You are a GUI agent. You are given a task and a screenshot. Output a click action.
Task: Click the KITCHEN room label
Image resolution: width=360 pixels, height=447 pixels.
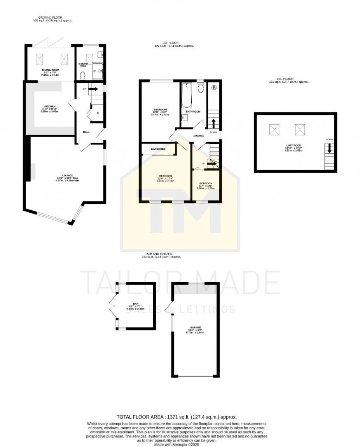(x=48, y=106)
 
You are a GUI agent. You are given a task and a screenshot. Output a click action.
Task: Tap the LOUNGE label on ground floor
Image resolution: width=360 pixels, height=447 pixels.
(x=67, y=175)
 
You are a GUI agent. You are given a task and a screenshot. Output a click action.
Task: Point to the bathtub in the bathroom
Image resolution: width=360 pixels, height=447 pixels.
(x=186, y=95)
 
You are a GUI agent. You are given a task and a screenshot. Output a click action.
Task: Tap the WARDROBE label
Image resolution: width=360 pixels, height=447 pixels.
(x=158, y=149)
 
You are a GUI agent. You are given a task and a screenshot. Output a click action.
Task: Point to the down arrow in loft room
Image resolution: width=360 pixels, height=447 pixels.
(x=329, y=148)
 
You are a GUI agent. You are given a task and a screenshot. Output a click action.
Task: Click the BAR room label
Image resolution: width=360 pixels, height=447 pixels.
(x=135, y=303)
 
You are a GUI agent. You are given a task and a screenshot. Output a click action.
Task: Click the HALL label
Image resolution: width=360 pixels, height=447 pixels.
(x=86, y=132)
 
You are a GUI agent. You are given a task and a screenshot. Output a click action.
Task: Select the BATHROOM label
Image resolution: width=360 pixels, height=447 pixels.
(x=193, y=111)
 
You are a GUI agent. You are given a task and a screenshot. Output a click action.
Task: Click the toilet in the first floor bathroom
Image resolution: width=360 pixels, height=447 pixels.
(x=201, y=87)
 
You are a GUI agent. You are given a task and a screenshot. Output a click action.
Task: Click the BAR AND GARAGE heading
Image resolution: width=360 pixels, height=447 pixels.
(x=161, y=254)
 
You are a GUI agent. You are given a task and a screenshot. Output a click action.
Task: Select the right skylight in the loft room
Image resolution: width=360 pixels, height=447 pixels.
(x=300, y=129)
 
